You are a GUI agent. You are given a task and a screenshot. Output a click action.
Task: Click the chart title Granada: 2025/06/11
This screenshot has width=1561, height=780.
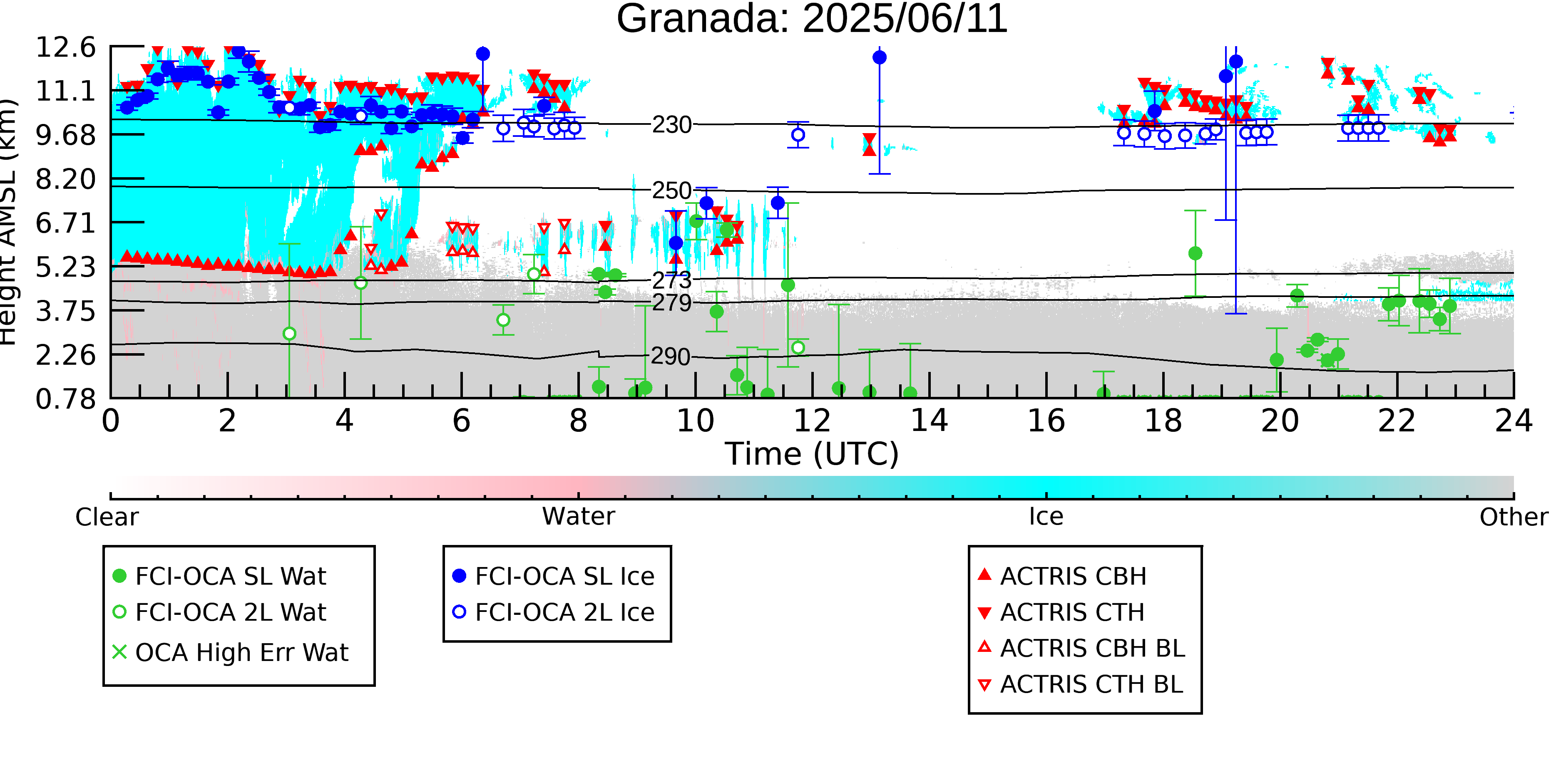click(x=812, y=20)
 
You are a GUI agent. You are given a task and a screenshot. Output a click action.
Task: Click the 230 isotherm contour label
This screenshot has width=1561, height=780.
click(x=672, y=125)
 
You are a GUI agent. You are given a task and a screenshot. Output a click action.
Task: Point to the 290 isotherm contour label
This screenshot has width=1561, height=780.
click(x=671, y=356)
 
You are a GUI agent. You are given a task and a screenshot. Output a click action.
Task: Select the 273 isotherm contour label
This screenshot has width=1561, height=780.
click(x=672, y=280)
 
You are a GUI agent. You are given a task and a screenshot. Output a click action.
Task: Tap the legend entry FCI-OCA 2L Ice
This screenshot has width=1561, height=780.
click(x=554, y=612)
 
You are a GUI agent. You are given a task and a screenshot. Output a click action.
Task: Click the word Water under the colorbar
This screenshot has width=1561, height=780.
click(x=579, y=517)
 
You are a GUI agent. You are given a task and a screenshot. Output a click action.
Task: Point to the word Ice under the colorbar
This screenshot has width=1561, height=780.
click(x=1046, y=517)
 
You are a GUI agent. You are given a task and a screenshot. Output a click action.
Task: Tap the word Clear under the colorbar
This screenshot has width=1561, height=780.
click(x=107, y=517)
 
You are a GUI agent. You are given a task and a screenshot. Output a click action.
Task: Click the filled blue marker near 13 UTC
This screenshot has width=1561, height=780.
click(x=879, y=57)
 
